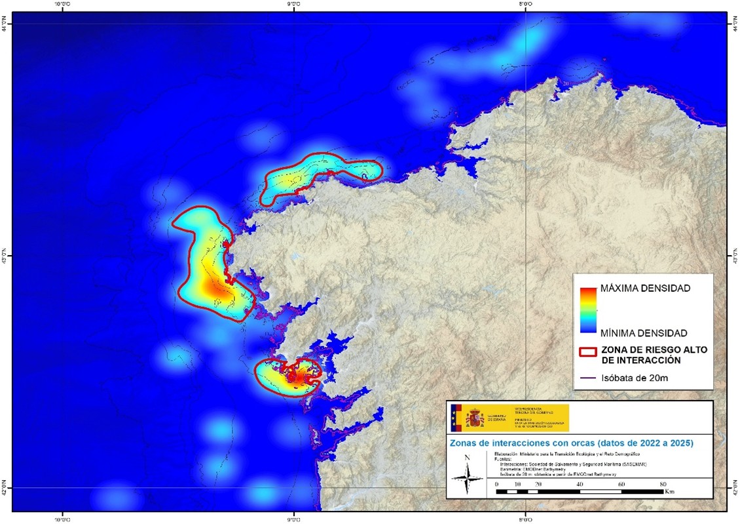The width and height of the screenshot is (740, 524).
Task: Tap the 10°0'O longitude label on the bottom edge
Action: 62,519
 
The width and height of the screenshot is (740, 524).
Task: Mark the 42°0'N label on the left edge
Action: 5,488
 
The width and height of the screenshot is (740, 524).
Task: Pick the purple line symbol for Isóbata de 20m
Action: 587,377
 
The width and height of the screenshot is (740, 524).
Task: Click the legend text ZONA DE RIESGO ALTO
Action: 654,350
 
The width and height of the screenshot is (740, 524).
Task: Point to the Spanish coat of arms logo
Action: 475,418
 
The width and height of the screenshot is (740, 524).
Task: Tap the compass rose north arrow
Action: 467,474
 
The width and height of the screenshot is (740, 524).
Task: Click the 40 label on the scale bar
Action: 579,483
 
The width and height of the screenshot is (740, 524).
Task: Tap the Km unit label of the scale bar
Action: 669,491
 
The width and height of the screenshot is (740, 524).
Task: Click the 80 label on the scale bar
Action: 663,483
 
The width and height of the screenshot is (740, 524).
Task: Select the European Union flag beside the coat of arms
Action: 456,418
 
